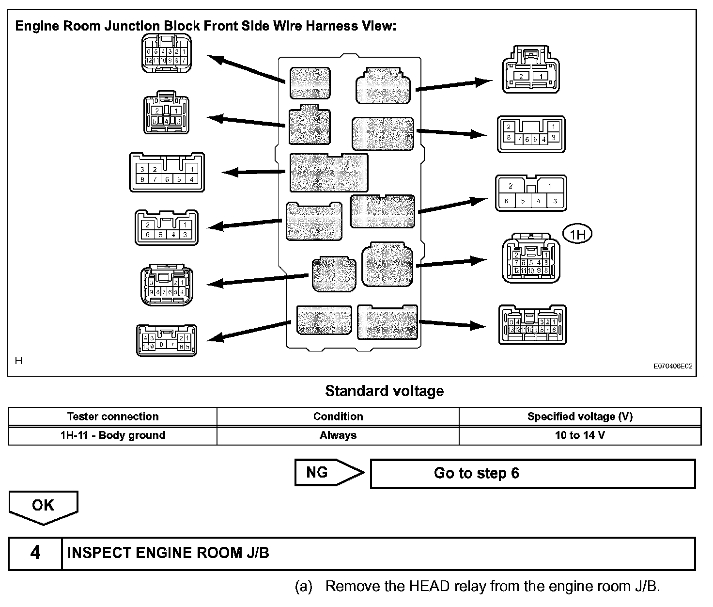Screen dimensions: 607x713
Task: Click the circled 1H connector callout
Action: click(577, 235)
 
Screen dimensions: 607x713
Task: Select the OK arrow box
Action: click(43, 506)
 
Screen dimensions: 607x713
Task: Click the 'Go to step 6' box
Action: click(532, 473)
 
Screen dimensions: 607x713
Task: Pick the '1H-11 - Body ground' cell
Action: click(112, 435)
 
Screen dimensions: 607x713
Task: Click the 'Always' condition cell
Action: click(338, 435)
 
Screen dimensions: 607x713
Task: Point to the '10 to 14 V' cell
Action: click(579, 435)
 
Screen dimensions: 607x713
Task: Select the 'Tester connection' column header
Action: click(112, 416)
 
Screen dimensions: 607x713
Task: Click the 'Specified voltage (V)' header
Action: click(579, 416)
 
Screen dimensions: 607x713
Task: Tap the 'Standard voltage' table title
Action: click(384, 391)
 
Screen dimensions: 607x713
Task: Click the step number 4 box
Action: click(35, 553)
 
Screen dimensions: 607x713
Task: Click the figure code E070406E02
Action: click(673, 367)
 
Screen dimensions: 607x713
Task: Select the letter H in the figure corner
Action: click(19, 361)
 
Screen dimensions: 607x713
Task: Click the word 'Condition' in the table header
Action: click(338, 416)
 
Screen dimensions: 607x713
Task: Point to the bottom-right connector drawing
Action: click(532, 325)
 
